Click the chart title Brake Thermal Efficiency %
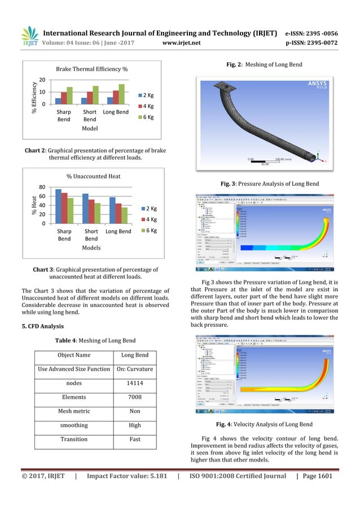[x=91, y=69]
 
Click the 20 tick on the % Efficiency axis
[x=43, y=81]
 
